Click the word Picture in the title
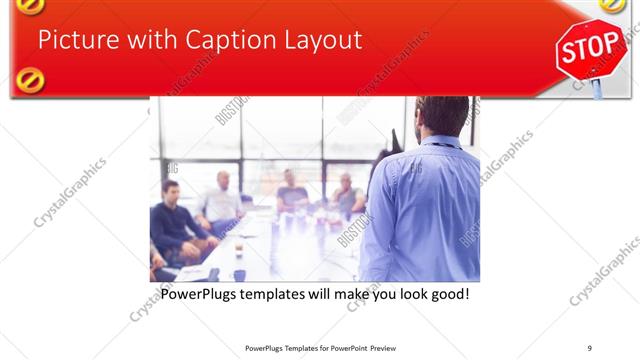click(72, 40)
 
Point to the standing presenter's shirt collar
click(440, 143)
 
